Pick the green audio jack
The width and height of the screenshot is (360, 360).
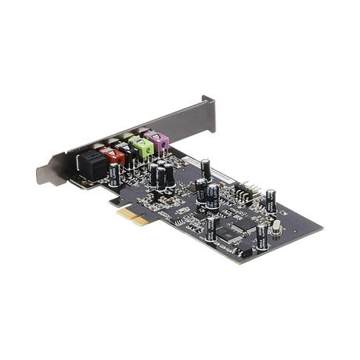pyautogui.click(x=141, y=144)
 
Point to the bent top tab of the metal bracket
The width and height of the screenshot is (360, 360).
pyautogui.click(x=207, y=99)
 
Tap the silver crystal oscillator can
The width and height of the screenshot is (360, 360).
pyautogui.click(x=275, y=229)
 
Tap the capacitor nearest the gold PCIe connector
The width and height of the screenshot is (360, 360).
pyautogui.click(x=211, y=227)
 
